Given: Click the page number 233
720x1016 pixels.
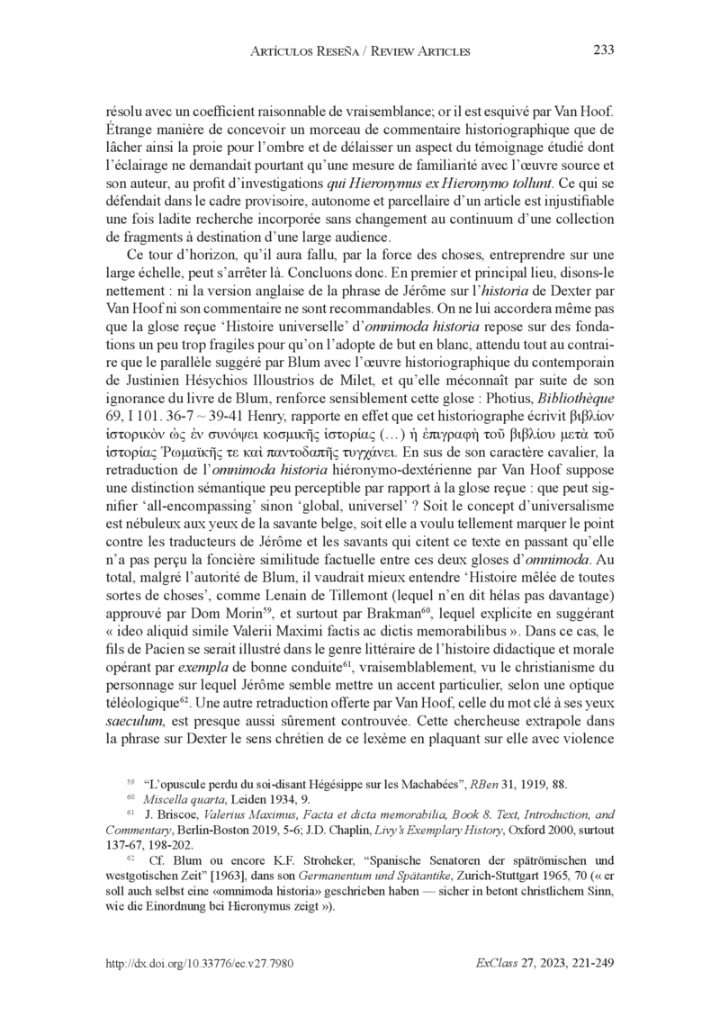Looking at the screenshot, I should click(x=603, y=50).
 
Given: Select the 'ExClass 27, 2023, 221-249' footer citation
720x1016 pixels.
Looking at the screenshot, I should click(x=544, y=964).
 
